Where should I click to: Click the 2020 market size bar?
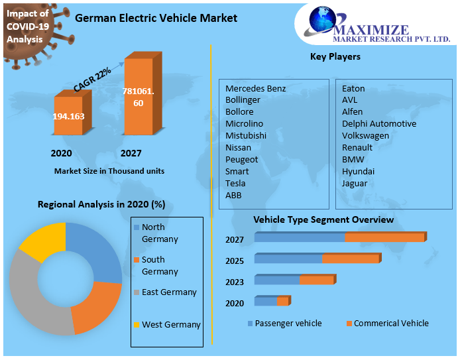tap(68, 117)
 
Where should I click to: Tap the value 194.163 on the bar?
tap(68, 116)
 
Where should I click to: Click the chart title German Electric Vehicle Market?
tap(156, 18)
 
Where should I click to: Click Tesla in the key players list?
tap(235, 183)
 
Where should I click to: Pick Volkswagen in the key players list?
tap(365, 135)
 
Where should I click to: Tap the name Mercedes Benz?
tap(255, 88)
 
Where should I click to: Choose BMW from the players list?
tap(353, 159)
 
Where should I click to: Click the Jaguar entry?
tap(355, 183)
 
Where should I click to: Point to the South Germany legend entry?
tap(159, 265)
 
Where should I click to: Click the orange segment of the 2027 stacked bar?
tap(384, 237)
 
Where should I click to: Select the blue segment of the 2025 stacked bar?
tap(288, 259)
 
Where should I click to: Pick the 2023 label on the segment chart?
tap(235, 282)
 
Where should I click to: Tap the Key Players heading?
tap(335, 56)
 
